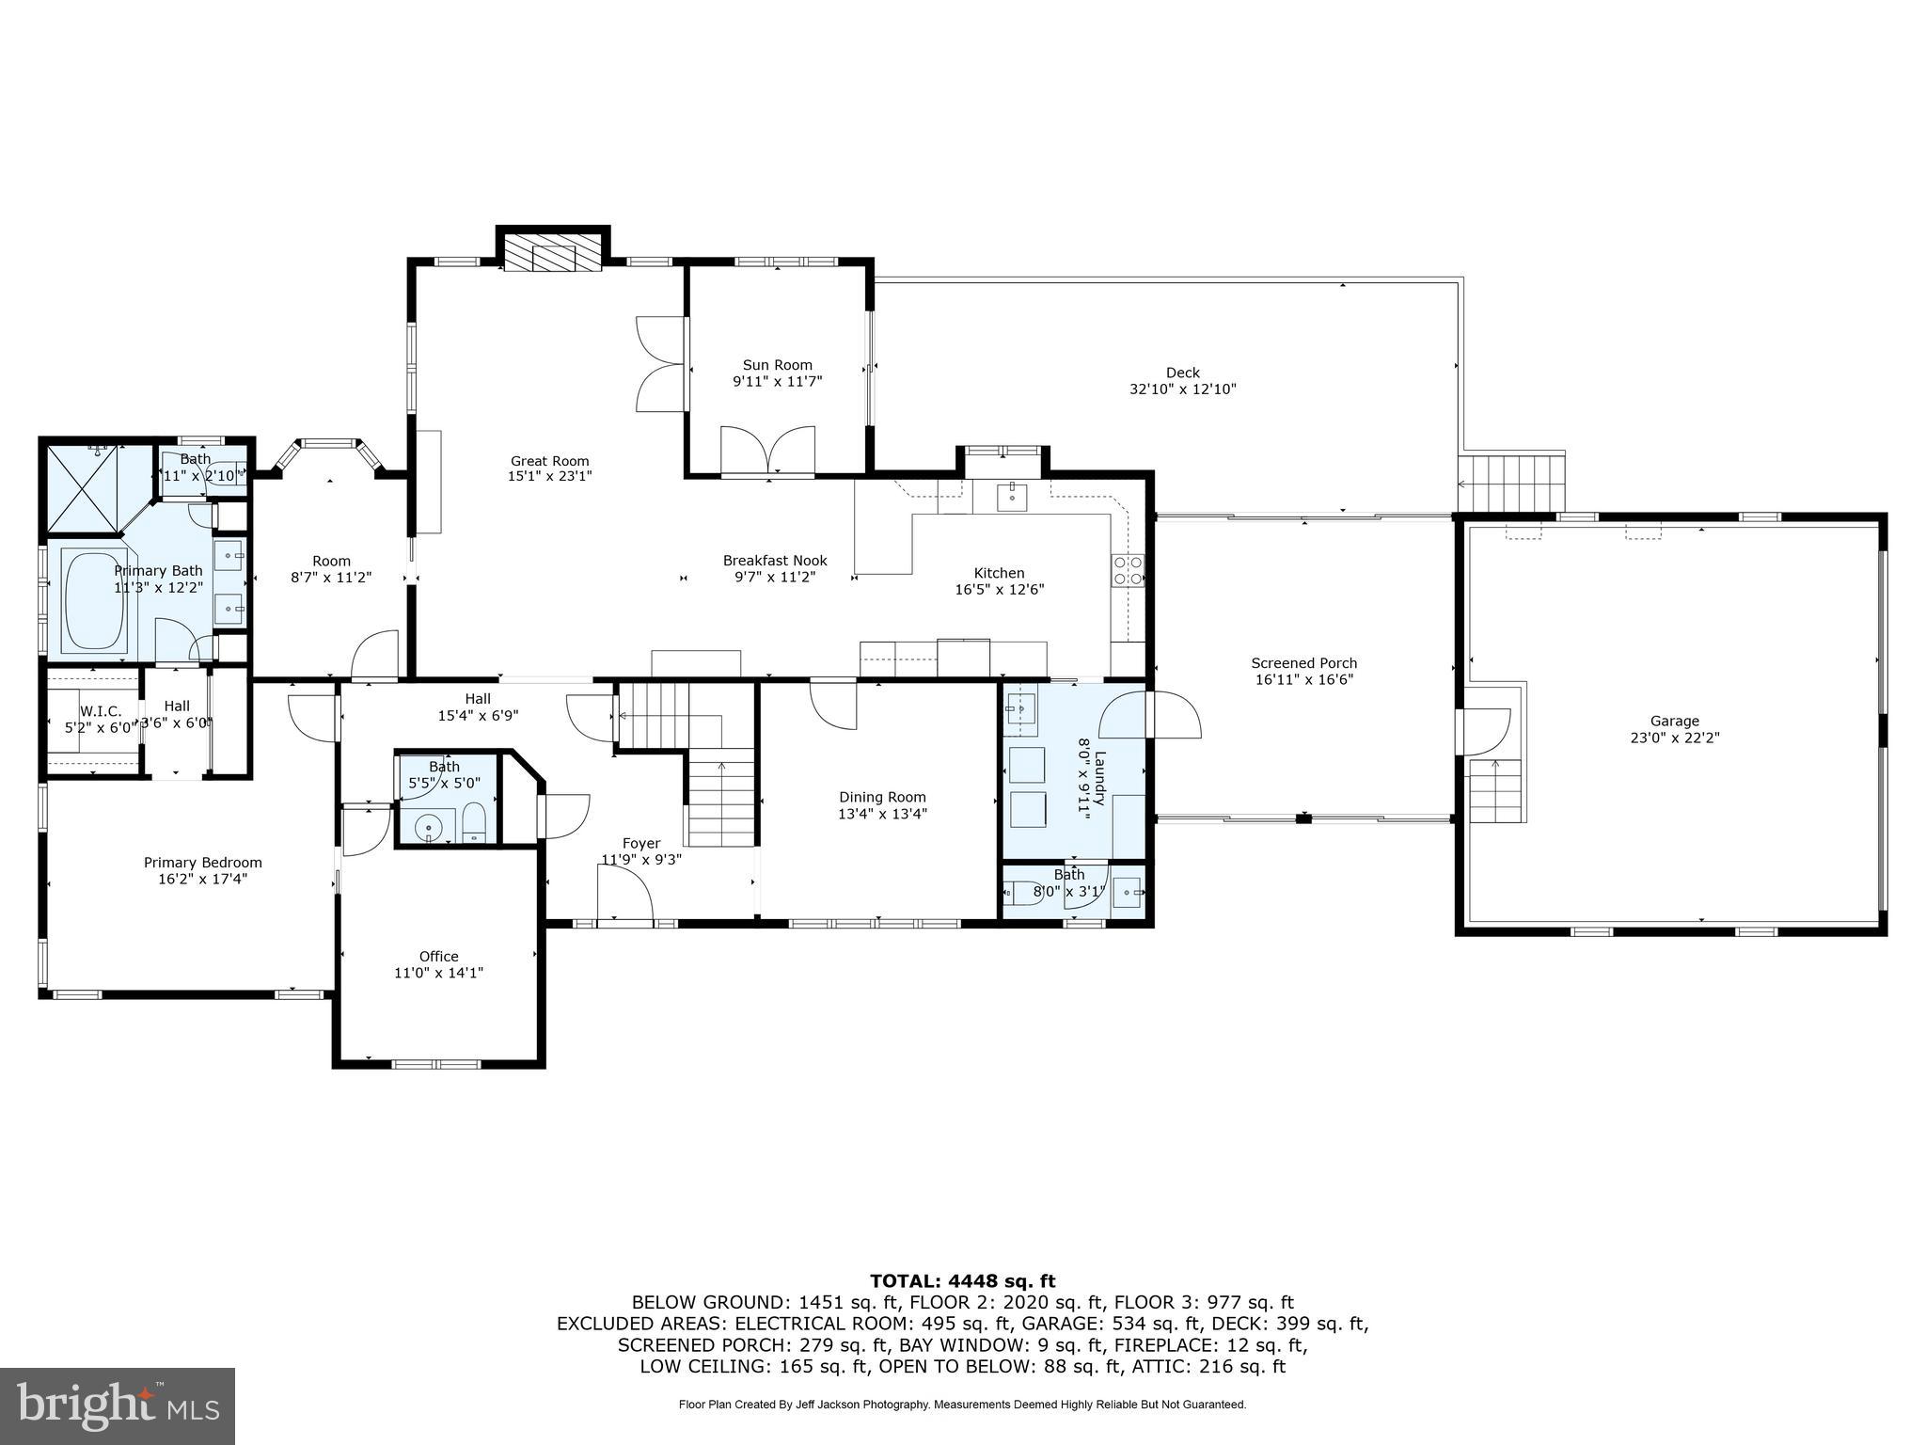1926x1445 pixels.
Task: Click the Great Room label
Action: [549, 461]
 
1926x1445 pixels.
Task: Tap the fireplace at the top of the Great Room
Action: [552, 253]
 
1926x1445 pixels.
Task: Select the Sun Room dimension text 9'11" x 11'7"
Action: [777, 381]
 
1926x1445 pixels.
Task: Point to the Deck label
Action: [1182, 373]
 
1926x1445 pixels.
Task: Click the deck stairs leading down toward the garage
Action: [1510, 482]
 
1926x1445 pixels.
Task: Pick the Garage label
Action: [1674, 722]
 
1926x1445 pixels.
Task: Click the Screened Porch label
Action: [1303, 663]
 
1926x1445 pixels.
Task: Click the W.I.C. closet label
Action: [100, 710]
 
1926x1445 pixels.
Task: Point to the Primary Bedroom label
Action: [202, 863]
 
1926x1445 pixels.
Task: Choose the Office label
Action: [438, 957]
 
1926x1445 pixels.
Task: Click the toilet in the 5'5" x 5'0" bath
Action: [474, 822]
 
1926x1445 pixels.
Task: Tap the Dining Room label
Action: [882, 797]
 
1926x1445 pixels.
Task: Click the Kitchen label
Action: [999, 573]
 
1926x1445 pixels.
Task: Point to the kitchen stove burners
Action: [1129, 571]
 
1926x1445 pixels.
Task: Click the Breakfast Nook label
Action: [774, 561]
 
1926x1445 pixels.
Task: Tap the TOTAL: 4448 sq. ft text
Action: [962, 1281]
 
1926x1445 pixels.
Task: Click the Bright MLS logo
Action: [118, 1405]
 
